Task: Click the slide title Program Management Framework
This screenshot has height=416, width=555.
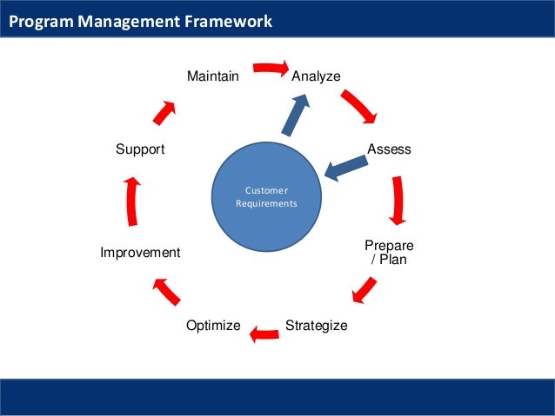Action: (x=140, y=21)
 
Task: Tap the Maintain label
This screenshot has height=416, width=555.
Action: (x=213, y=76)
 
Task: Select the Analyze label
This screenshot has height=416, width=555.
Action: (x=316, y=76)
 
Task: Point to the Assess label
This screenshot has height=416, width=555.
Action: (x=389, y=149)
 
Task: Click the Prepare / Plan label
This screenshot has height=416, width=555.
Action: (x=389, y=253)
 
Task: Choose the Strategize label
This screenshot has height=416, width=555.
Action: (x=316, y=326)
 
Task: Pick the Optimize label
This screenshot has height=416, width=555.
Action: (x=213, y=326)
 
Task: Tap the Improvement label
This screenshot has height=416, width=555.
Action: (x=140, y=253)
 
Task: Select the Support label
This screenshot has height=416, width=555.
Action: (x=140, y=149)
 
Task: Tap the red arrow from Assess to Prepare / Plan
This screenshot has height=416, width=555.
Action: (x=398, y=201)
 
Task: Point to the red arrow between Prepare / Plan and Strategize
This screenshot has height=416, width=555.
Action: (x=364, y=290)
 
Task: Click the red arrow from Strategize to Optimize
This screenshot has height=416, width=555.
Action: (x=264, y=333)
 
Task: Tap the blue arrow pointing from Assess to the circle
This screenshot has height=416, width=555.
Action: (x=345, y=168)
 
